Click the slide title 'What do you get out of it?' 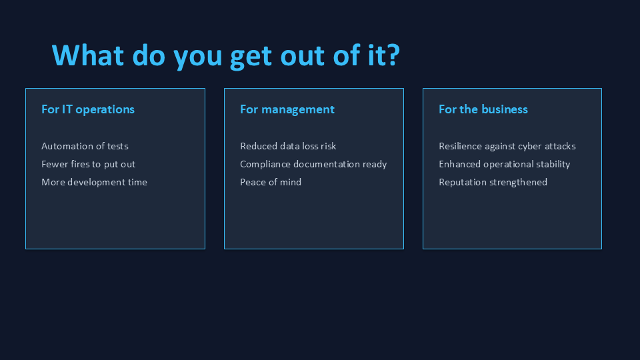pos(226,55)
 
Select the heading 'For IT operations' pos(88,110)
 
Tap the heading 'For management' pos(287,110)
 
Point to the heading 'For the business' pos(483,109)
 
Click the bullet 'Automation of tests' pos(85,146)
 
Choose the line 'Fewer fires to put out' pos(88,164)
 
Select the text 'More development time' pos(94,182)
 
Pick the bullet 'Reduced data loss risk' pos(288,146)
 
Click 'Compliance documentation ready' pos(313,164)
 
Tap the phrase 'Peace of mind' pos(271,182)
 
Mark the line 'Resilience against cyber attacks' pos(507,146)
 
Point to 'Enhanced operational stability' pos(504,164)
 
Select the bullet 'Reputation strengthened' pos(493,182)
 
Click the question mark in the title pos(393,55)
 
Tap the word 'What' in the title pos(88,55)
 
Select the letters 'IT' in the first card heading pos(67,109)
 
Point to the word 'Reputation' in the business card pos(461,183)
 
